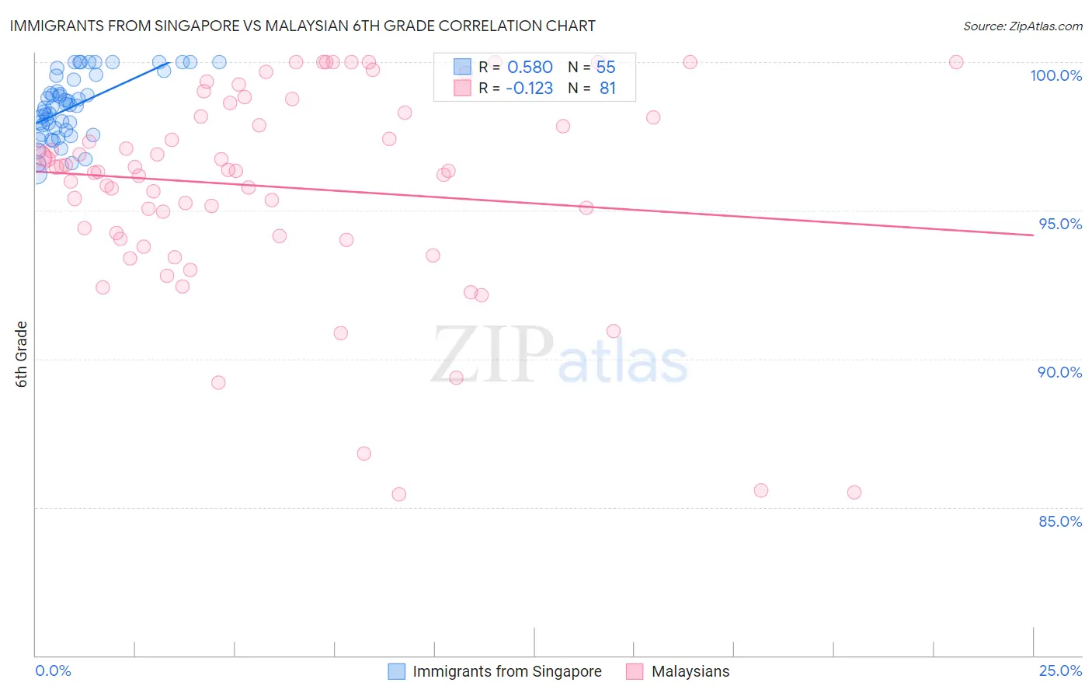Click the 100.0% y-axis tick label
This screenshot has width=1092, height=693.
click(x=1055, y=75)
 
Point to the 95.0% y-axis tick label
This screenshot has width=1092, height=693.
click(x=1060, y=224)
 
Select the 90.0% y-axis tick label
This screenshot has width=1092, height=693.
click(x=1059, y=372)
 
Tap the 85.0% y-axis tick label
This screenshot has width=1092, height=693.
click(x=1060, y=521)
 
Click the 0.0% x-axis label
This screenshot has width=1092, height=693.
click(x=53, y=670)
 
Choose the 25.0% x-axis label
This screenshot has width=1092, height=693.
click(x=1060, y=670)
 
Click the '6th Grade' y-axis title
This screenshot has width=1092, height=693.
click(x=22, y=354)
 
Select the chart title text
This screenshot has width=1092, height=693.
click(x=303, y=26)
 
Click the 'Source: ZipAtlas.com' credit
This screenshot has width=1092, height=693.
click(x=1022, y=26)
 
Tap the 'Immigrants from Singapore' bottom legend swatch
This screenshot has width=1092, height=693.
click(x=396, y=671)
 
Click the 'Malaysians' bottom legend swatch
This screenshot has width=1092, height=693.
click(x=635, y=671)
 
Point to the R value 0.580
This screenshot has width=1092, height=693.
click(x=530, y=68)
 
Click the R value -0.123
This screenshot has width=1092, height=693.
click(x=529, y=89)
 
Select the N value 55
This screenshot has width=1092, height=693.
click(x=606, y=68)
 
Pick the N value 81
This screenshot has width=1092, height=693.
click(x=607, y=89)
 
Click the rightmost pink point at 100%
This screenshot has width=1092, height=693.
click(x=956, y=62)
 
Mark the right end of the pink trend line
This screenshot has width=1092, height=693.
click(x=1033, y=235)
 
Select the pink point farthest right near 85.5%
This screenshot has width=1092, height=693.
click(x=854, y=493)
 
